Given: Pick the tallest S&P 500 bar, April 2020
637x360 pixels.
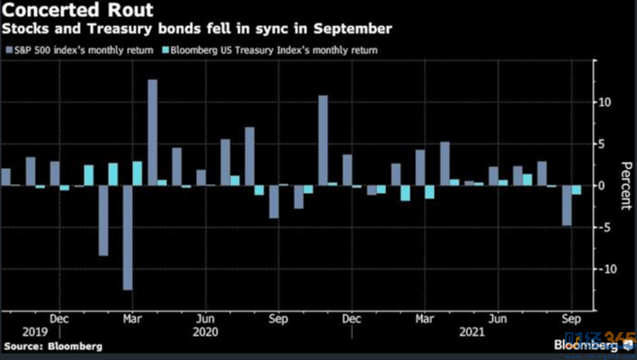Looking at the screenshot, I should (x=153, y=132).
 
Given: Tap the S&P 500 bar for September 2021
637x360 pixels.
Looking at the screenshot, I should (x=567, y=205).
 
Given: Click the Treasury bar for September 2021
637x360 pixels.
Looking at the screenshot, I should (x=577, y=189).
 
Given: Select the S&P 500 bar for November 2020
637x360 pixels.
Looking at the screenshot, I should (x=323, y=140).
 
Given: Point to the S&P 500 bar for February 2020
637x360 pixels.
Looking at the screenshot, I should (x=103, y=220).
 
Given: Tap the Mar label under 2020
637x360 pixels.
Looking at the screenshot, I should (x=131, y=319).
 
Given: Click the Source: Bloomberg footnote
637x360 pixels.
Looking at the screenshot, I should (x=51, y=346).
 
